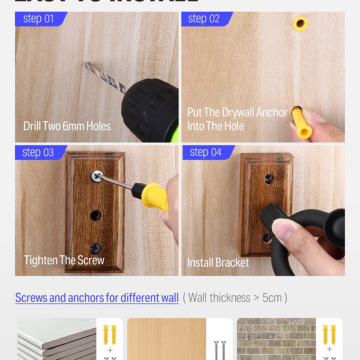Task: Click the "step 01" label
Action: click(39, 19)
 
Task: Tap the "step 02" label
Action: click(204, 19)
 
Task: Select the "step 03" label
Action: click(39, 153)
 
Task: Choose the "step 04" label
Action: click(206, 153)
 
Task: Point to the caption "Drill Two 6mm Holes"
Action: click(67, 126)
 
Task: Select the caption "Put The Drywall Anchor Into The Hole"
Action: click(237, 119)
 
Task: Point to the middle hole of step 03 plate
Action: click(96, 215)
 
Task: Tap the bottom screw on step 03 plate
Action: click(96, 247)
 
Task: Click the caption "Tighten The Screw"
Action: click(64, 260)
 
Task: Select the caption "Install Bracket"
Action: click(218, 263)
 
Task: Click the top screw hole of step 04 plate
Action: click(269, 179)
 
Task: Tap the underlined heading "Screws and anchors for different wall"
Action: click(97, 298)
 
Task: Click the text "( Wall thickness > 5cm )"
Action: click(235, 298)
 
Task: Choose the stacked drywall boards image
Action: click(57, 340)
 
